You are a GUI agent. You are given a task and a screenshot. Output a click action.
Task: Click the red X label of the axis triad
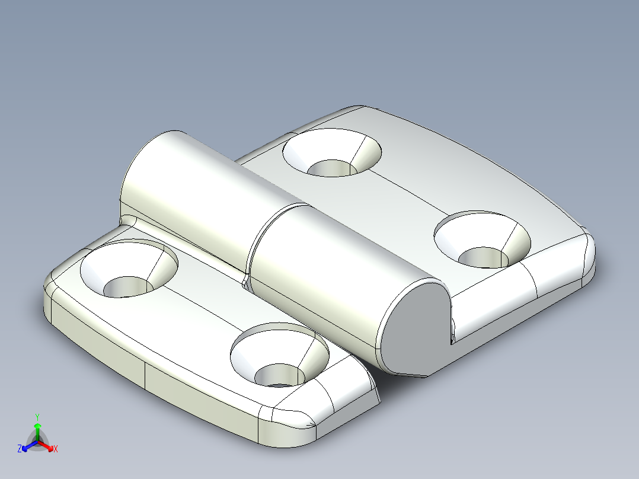click(55, 449)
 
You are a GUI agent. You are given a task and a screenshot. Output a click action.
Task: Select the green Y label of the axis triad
click(37, 417)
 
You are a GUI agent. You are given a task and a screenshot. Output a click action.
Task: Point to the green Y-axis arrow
click(37, 428)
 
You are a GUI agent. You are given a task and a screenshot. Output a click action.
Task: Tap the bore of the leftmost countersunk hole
click(127, 288)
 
